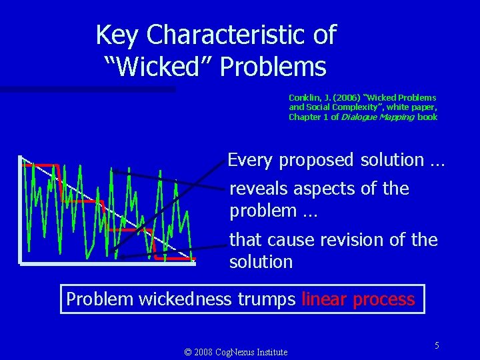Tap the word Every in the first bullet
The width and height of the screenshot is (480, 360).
coord(251,160)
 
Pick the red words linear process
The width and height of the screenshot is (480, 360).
coord(358,299)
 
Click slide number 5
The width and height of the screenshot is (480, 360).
coord(437,345)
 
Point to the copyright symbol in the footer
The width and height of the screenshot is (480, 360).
coord(187,352)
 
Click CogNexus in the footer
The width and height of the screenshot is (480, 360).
coord(235,352)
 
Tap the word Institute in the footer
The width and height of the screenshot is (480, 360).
coord(272,352)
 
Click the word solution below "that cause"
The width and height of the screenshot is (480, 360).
coord(261,262)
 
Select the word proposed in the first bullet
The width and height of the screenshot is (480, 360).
coord(317,160)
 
